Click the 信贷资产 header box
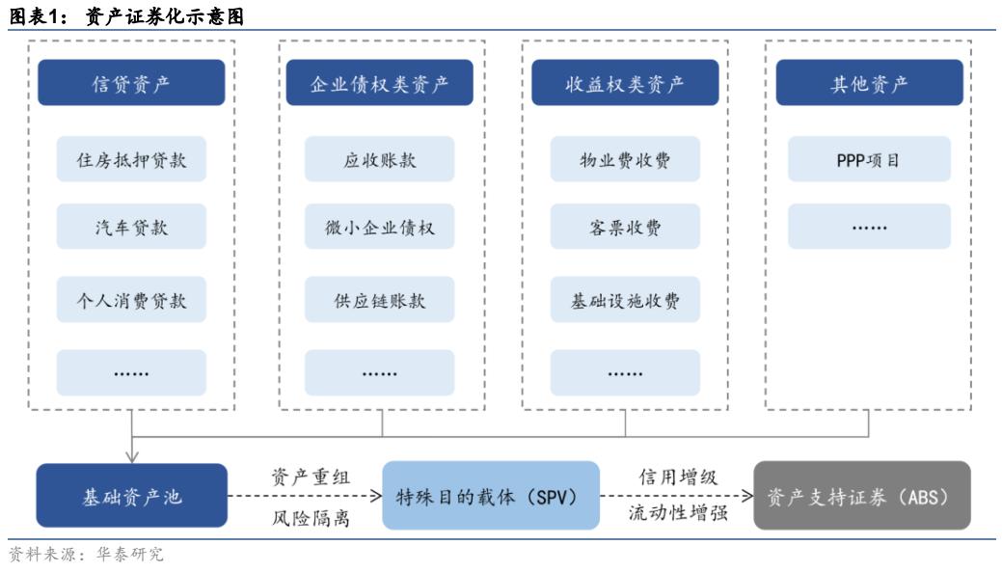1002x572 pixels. [131, 83]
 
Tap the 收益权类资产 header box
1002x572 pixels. [625, 83]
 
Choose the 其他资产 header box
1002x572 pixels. [869, 83]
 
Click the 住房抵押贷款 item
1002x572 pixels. [131, 159]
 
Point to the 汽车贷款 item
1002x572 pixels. [131, 227]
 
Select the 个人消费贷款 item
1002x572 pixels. [131, 300]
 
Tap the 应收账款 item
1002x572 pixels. [379, 159]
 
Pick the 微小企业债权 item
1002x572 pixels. [379, 227]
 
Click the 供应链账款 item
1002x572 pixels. [379, 300]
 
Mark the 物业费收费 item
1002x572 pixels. [625, 159]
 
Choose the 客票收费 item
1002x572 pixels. [625, 227]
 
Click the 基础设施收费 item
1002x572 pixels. [625, 300]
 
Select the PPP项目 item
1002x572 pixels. [869, 159]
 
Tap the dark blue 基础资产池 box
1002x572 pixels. [131, 497]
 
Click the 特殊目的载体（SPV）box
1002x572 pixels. [486, 497]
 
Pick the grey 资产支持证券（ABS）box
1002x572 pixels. [861, 497]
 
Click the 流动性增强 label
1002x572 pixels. [677, 516]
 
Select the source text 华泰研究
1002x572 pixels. [130, 555]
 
